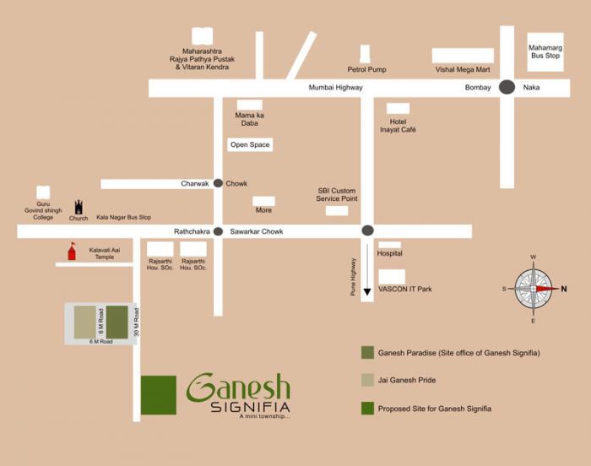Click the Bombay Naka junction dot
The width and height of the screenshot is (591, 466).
click(507, 86)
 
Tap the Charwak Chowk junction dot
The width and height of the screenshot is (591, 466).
click(218, 183)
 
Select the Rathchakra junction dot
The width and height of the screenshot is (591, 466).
click(218, 231)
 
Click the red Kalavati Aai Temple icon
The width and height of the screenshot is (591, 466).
click(72, 252)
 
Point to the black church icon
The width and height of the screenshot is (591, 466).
click(79, 207)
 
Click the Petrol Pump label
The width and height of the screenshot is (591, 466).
click(366, 69)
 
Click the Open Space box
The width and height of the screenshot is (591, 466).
click(250, 145)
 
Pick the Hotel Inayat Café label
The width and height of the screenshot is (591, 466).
click(398, 126)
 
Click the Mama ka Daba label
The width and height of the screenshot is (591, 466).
click(249, 119)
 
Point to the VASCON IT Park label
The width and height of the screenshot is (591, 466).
click(404, 289)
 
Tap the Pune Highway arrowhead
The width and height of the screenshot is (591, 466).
click(367, 293)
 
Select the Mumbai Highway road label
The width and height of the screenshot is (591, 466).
click(335, 87)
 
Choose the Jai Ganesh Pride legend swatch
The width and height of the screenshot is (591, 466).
click(367, 380)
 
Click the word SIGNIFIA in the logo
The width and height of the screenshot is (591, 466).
click(250, 407)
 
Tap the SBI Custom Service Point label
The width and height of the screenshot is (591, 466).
click(337, 195)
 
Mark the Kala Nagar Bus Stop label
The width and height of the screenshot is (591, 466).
click(123, 218)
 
